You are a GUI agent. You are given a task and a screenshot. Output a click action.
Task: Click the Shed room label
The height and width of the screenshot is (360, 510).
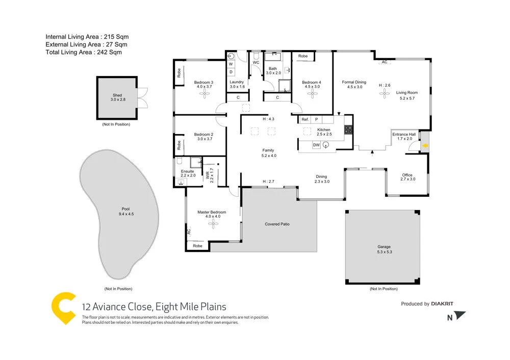coord(117,96)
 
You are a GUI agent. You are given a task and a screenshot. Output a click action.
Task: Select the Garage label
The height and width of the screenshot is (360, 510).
coord(384,246)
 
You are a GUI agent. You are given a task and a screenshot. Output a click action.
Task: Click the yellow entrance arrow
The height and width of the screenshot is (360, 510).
coord(425,147)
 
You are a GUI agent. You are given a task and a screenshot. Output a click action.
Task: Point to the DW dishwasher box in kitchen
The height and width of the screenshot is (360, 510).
coord(316,145)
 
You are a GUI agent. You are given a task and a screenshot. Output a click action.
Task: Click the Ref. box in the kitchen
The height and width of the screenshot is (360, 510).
coord(305,119)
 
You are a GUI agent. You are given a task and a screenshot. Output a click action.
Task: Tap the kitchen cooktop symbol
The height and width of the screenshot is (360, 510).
coord(349,130)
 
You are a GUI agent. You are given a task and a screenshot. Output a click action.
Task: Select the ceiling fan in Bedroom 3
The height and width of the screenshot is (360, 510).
coord(203,95)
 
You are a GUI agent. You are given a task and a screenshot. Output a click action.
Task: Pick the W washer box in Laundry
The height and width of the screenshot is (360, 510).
coord(231,64)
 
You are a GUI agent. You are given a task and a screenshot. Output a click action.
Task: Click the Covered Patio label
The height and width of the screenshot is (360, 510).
coord(277,224)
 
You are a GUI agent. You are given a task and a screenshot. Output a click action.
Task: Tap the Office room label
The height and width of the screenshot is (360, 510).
coord(407,175)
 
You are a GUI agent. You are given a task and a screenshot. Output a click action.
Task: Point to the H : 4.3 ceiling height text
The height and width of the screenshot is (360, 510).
coord(268,119)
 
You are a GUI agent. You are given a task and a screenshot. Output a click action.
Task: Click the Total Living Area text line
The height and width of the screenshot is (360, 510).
coord(84,52)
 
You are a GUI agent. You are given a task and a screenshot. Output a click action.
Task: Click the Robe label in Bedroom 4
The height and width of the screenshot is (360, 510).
coord(303,56)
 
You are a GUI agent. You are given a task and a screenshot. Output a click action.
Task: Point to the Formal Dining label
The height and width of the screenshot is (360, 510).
coord(354,82)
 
